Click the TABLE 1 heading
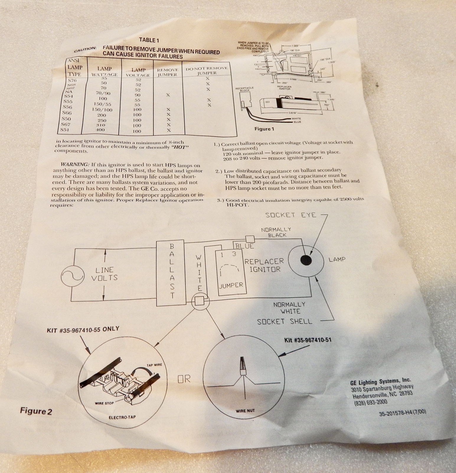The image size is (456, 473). click(x=149, y=40)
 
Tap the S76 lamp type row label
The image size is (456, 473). click(x=72, y=80)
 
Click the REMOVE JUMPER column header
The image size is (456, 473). click(x=167, y=72)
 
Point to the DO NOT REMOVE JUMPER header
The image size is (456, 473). click(x=207, y=70)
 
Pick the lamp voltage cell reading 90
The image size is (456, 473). click(x=138, y=95)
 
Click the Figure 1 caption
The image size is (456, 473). click(x=264, y=129)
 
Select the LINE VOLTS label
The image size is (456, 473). click(x=104, y=274)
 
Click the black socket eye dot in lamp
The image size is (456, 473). click(x=306, y=260)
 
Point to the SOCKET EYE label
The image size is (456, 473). click(x=291, y=215)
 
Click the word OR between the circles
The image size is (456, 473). click(x=184, y=379)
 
